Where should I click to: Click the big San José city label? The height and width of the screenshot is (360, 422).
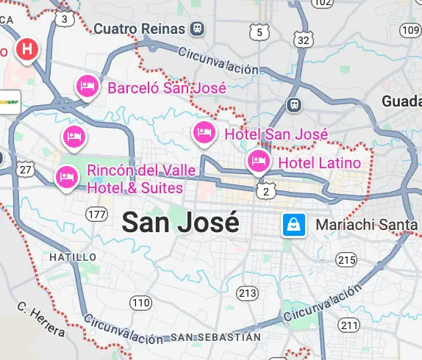click(180, 221)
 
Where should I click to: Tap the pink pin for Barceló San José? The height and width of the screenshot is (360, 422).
click(87, 86)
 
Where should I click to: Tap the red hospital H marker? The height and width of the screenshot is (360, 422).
click(27, 50)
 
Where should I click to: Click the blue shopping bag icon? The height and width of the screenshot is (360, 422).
click(293, 225)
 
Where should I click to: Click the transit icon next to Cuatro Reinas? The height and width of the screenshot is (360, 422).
click(196, 29)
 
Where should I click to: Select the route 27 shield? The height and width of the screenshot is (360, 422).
click(26, 170)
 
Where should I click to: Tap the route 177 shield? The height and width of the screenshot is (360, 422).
click(96, 214)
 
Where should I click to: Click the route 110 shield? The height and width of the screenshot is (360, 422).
click(140, 303)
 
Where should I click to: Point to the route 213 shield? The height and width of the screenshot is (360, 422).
click(248, 294)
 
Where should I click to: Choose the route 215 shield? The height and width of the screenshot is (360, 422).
click(346, 260)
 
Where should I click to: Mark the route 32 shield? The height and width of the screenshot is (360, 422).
click(302, 39)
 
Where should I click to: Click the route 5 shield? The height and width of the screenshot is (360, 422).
click(258, 32)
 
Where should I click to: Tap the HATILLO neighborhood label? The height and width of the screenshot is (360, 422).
click(73, 257)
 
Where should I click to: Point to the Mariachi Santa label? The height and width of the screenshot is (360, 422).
click(366, 225)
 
